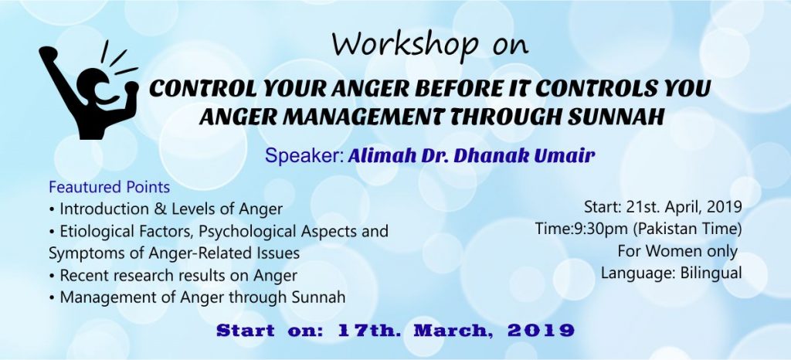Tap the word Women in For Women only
coord(670,251)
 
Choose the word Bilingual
coord(708,273)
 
